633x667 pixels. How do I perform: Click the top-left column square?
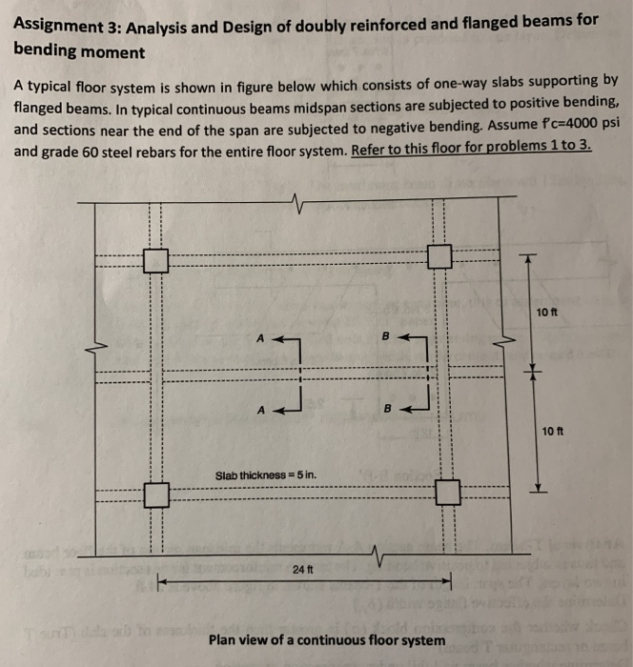156,259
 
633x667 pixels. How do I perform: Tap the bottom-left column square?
156,495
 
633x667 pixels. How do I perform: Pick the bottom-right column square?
447,492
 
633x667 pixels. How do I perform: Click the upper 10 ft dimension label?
547,313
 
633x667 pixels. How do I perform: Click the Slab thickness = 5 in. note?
266,475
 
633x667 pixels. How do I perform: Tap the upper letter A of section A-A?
260,337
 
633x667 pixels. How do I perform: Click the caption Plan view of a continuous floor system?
326,639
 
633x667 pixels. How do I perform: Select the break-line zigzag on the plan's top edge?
298,202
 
